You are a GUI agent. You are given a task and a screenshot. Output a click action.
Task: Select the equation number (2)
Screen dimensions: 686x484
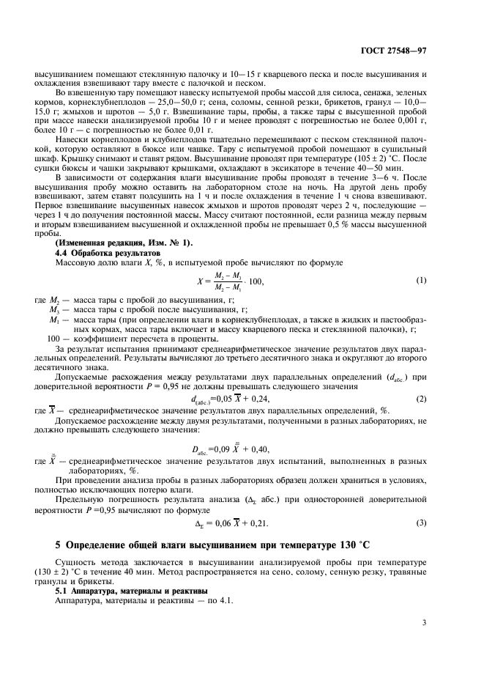pos(421,399)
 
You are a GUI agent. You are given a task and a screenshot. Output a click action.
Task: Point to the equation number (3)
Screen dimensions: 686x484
pos(421,523)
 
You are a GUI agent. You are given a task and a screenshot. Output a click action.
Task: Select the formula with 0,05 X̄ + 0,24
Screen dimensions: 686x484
pos(229,399)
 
